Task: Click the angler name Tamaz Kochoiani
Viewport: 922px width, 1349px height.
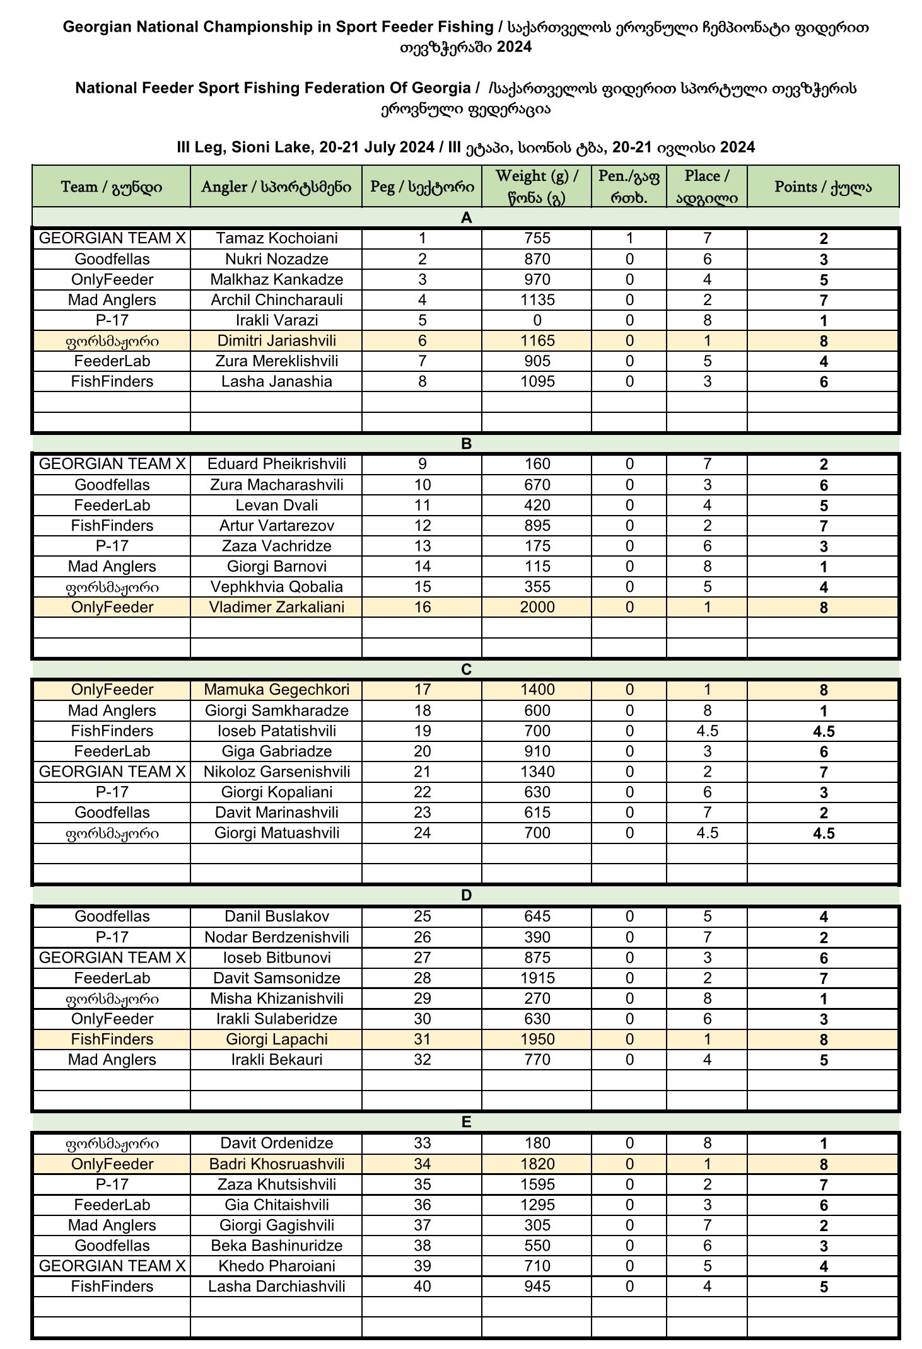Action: tap(276, 238)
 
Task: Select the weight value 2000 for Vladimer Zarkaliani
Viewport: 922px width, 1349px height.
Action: tap(537, 607)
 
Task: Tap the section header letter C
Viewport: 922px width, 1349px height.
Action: tap(466, 669)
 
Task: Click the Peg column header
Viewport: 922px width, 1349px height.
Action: tap(422, 187)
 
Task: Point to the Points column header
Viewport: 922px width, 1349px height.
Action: tap(823, 187)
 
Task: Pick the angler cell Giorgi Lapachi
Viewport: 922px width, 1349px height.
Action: tap(276, 1039)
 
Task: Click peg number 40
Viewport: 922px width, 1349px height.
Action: tap(422, 1287)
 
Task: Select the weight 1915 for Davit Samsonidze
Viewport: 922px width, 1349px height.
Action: tap(537, 978)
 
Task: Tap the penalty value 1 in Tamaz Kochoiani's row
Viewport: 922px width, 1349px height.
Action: tap(629, 238)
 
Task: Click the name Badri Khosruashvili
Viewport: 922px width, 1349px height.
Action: tap(276, 1164)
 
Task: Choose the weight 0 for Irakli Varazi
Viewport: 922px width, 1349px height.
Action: tap(537, 320)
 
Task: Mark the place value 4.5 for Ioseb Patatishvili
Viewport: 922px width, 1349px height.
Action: tap(707, 731)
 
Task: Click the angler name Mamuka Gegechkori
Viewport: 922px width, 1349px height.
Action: tap(276, 690)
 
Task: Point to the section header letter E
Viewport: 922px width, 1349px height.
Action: tap(466, 1122)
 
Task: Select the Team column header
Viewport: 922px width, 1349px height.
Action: tap(112, 187)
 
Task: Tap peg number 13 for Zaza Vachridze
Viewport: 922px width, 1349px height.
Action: tap(422, 546)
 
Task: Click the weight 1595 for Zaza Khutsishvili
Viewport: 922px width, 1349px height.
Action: tap(537, 1184)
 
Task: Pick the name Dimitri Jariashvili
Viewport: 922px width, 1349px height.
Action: tap(276, 341)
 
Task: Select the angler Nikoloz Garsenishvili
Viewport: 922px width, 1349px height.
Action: tap(276, 772)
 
